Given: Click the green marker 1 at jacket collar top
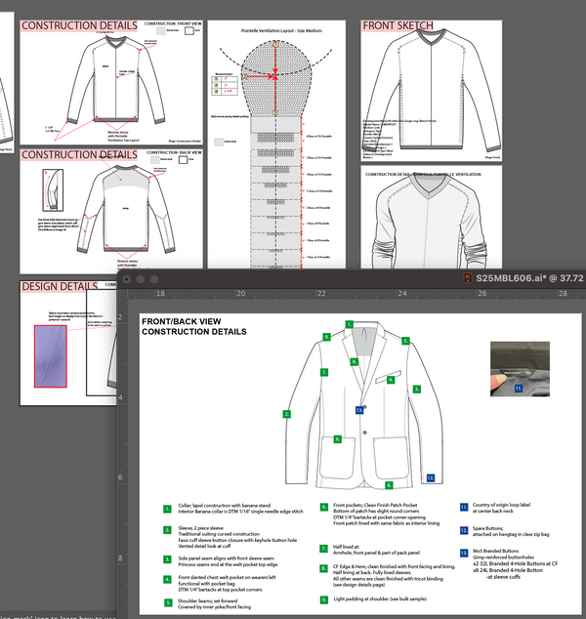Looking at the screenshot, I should (349, 323).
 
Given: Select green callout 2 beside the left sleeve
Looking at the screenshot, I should (286, 414).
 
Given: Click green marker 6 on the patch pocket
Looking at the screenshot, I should (337, 440).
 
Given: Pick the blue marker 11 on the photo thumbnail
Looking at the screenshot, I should (519, 388).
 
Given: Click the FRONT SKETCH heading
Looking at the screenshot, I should (398, 25).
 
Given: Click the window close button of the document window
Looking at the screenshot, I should (127, 278).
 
